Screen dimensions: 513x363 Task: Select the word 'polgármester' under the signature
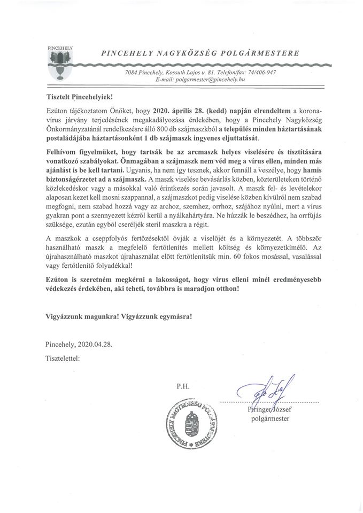[x=270, y=418]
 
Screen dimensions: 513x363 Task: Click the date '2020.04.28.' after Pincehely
[x=95, y=345]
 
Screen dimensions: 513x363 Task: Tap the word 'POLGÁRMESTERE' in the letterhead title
[x=258, y=53]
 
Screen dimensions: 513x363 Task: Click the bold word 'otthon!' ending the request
[x=225, y=288]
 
